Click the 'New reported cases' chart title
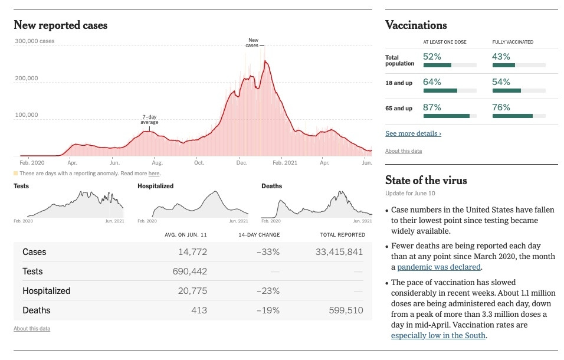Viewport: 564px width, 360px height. tap(60, 25)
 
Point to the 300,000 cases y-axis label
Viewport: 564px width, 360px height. tap(34, 41)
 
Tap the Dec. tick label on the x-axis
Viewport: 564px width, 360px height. tap(241, 162)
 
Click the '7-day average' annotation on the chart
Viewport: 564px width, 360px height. tap(149, 119)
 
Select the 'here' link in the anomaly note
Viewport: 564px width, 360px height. tap(153, 174)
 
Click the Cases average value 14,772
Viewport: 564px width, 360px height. tap(192, 252)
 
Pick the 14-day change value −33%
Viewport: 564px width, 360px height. tap(268, 252)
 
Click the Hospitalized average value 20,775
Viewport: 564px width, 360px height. tap(192, 291)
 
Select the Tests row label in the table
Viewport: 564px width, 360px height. tap(32, 271)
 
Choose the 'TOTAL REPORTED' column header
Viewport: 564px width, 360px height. tap(343, 235)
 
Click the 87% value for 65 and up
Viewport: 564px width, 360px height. tap(432, 107)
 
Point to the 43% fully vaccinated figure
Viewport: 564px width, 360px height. tap(501, 56)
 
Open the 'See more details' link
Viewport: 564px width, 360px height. tap(413, 133)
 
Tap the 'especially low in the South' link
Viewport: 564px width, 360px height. tap(438, 336)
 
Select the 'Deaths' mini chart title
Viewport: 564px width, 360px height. tap(271, 186)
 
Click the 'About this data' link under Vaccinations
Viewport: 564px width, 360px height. tap(404, 151)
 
